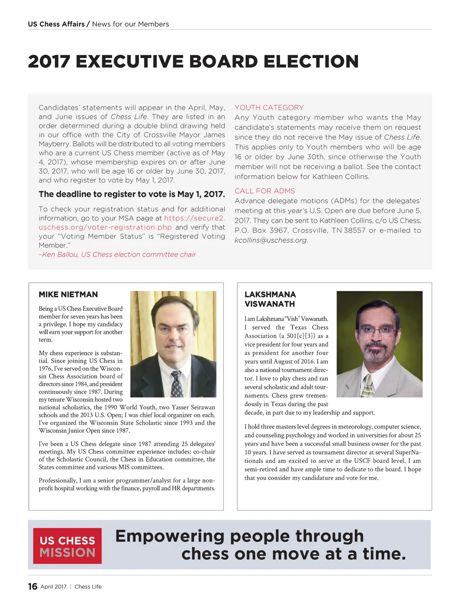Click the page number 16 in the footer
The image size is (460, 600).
(x=32, y=586)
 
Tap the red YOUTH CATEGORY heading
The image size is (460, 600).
(x=269, y=107)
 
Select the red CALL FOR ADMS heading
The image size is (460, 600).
(x=265, y=191)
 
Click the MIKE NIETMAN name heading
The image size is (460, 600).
(x=68, y=295)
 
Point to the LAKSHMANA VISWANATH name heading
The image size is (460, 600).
(x=270, y=299)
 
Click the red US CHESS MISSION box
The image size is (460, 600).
(x=67, y=546)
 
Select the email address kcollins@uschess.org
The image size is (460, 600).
(x=271, y=240)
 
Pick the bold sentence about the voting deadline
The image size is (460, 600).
(x=132, y=194)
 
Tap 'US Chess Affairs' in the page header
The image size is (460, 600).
(x=56, y=24)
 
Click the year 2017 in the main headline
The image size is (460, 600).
(x=49, y=62)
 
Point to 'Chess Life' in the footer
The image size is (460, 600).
(x=88, y=587)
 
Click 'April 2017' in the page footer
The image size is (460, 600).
(x=53, y=587)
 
